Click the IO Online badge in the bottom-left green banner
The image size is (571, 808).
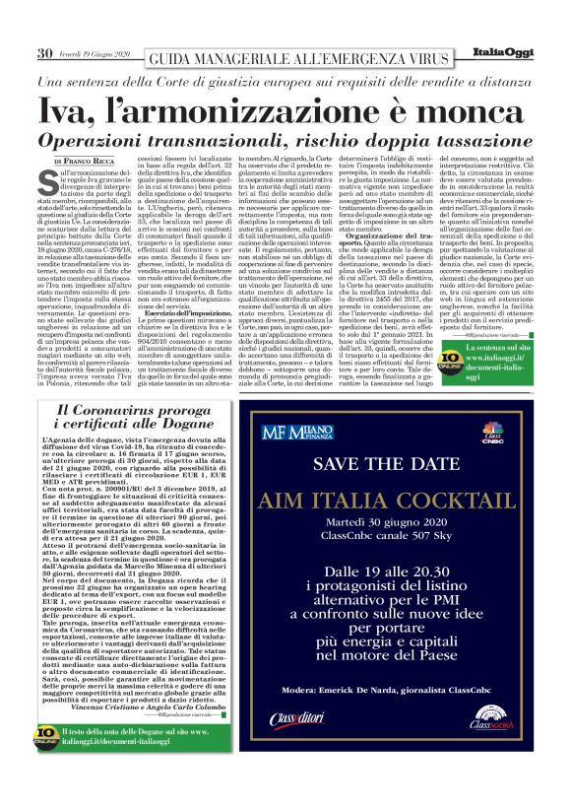tap(46, 765)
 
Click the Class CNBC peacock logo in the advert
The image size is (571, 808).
tap(489, 432)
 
